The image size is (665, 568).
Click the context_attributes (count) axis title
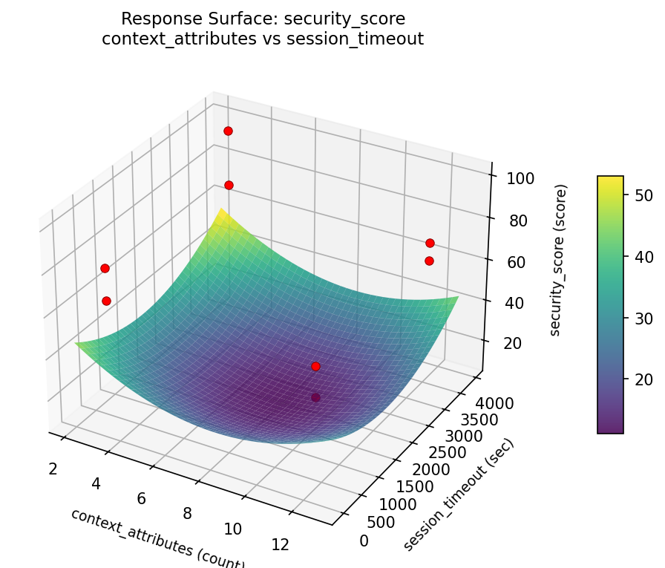coord(157,538)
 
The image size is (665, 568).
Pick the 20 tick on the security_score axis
coord(505,342)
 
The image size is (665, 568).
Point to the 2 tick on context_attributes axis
coord(53,468)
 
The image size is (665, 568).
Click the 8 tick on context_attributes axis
coord(187,513)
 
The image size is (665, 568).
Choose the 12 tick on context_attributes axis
coord(280,545)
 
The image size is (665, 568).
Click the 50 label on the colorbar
coord(643,195)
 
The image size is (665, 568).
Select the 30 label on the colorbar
coord(643,319)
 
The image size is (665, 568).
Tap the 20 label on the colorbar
coord(643,380)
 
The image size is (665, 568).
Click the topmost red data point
coord(228,131)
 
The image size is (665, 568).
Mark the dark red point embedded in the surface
coord(315,397)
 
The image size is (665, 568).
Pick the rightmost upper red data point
coord(430,243)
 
